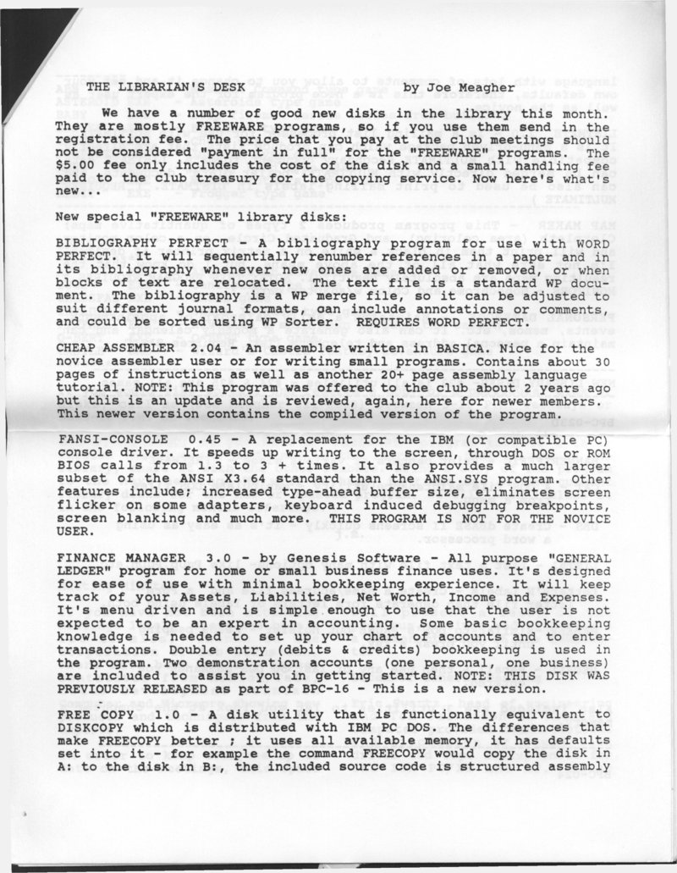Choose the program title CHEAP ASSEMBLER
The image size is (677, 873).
click(109, 347)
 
